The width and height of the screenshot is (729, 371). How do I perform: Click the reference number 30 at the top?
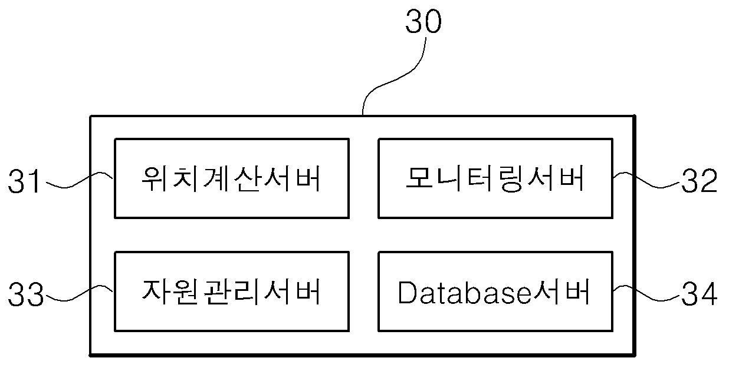pos(423,21)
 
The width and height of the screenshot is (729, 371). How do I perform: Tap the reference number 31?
pos(24,181)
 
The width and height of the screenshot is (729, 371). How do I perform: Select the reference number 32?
pos(700,181)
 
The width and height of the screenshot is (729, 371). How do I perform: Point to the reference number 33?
pos(26,294)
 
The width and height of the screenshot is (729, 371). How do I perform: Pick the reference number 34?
pos(700,294)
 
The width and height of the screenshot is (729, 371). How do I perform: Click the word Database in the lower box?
pos(464,293)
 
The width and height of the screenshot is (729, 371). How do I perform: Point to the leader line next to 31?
pos(80,180)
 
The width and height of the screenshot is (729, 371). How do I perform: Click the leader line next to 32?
pos(646,180)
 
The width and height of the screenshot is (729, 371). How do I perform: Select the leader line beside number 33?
pos(80,293)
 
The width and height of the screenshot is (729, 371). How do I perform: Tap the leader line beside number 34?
pos(646,293)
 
